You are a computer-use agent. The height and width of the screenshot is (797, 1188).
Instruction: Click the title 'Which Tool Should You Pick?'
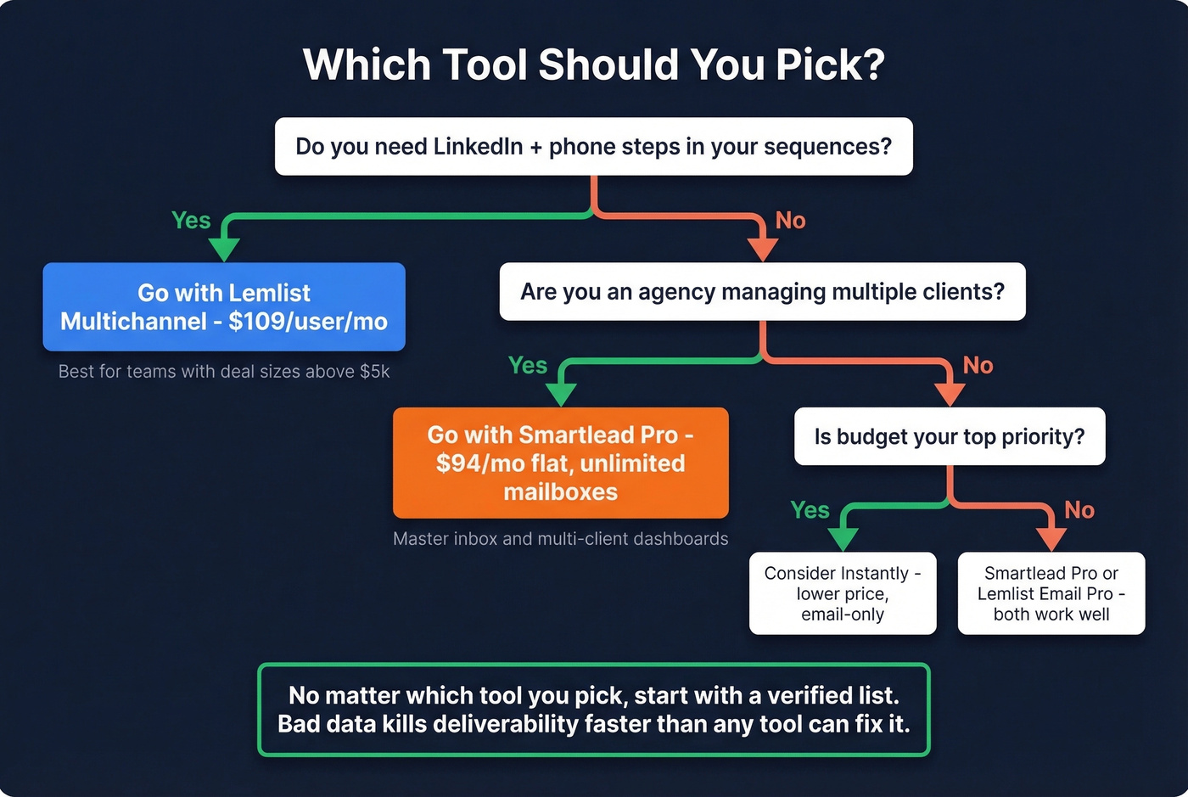593,65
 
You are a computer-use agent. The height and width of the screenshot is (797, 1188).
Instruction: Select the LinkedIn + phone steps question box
593,147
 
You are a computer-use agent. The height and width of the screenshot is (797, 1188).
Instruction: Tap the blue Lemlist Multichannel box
224,306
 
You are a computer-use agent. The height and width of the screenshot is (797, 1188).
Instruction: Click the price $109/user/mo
308,322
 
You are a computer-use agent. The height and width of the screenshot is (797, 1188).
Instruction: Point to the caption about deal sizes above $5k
224,372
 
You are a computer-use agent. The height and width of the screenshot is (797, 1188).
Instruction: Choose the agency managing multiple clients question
762,292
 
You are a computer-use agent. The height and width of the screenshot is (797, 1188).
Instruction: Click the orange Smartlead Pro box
560,463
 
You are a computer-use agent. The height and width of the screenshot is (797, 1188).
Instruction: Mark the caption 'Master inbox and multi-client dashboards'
560,539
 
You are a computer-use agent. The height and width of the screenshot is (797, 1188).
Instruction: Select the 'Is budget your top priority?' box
949,436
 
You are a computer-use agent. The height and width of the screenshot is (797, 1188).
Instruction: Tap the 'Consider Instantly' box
843,593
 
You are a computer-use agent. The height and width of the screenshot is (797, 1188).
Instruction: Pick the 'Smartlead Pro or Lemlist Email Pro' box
1051,593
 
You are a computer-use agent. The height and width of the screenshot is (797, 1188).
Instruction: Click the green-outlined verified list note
593,710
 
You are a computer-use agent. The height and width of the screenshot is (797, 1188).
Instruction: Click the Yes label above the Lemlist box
191,221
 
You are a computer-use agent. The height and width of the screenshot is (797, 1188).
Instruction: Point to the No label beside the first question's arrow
790,221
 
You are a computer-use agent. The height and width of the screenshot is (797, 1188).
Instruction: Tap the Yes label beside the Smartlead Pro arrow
528,366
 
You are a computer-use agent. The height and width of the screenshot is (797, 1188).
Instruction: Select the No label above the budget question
978,366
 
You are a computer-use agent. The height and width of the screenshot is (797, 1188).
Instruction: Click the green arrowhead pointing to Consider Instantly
843,539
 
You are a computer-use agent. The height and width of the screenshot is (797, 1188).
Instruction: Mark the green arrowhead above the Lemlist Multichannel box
224,250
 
